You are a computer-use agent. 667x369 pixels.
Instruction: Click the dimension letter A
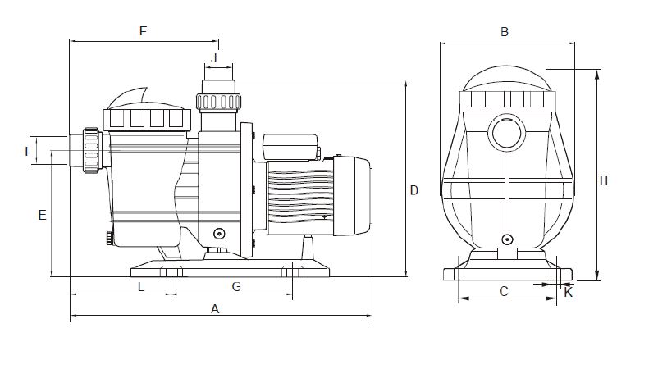tap(215, 309)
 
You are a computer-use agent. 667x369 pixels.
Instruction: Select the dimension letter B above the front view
tap(505, 32)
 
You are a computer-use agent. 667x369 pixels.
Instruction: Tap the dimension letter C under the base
tap(504, 292)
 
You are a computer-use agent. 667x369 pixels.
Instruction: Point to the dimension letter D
tap(413, 190)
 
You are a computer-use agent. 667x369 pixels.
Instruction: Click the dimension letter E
tap(42, 215)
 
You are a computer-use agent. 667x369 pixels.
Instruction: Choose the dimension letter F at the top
tap(143, 31)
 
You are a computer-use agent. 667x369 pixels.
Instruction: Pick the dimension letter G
tap(236, 287)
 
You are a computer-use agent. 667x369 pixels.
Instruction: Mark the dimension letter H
tap(604, 181)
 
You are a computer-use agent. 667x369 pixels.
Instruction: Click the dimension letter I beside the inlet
tap(27, 152)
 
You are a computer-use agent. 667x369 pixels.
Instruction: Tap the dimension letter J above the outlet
tap(214, 57)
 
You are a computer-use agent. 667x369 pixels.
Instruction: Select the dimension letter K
tap(569, 293)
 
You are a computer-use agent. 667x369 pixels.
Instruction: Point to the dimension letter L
tap(141, 287)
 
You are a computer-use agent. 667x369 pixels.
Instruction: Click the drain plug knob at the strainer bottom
tap(109, 238)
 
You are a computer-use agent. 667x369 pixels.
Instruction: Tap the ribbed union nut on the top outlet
tap(219, 102)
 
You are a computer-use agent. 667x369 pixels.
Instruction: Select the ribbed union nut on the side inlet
tap(91, 151)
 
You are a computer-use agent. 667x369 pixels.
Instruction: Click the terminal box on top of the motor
tap(291, 147)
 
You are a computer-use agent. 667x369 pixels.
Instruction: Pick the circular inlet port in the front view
tap(507, 132)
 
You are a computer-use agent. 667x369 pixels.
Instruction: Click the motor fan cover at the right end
tap(352, 195)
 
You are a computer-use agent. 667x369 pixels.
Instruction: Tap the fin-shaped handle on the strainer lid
tap(128, 98)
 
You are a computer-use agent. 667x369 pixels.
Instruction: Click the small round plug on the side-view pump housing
tap(219, 234)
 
